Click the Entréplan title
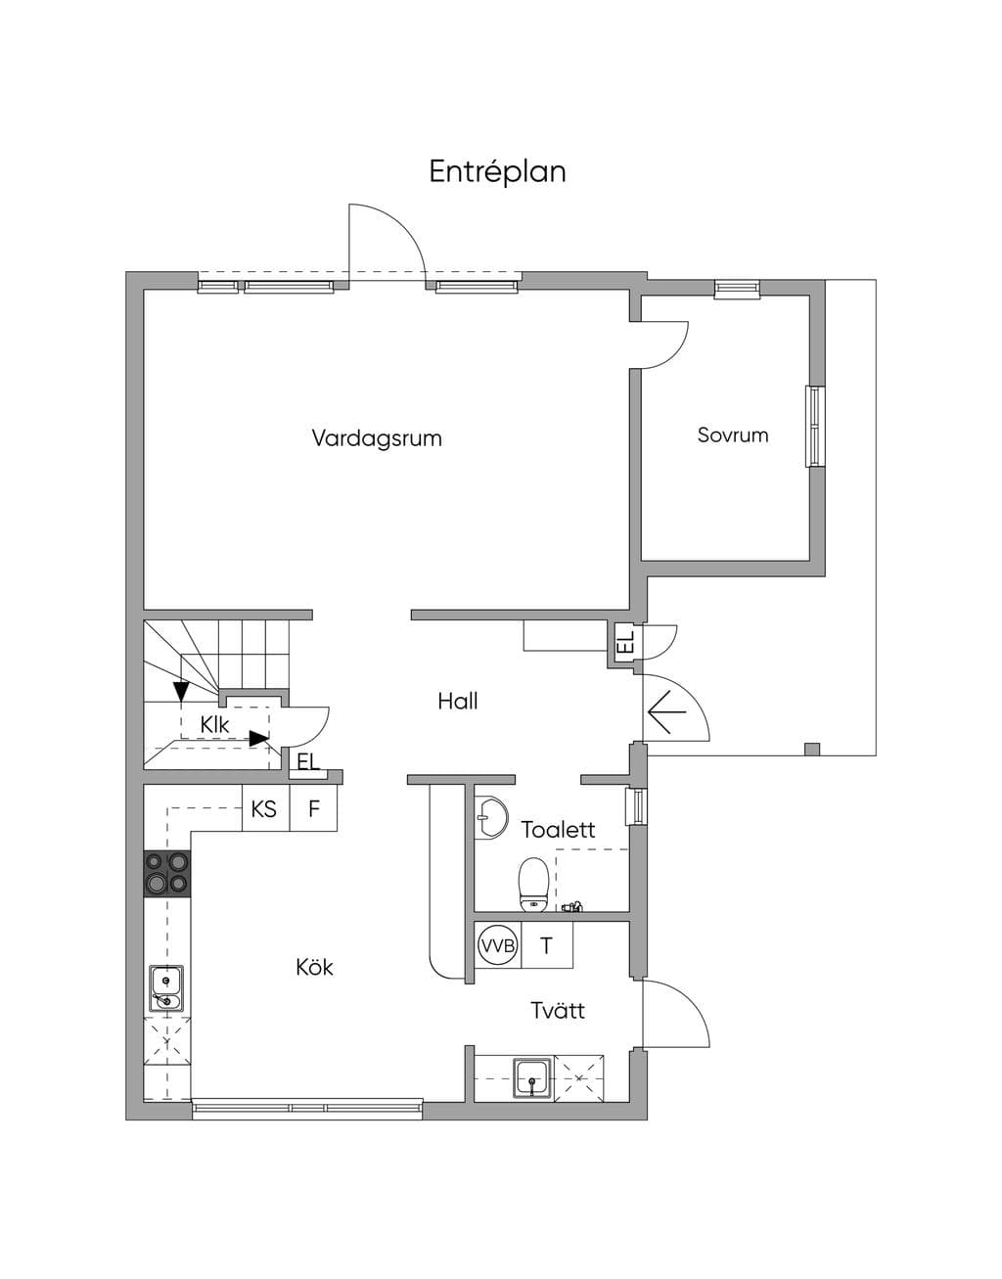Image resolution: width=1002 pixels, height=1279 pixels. coord(497,172)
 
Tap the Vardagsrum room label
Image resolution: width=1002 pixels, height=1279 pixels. coord(377,438)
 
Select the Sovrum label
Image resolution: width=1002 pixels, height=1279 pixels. coord(733,434)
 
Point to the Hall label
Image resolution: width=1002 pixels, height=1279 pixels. coord(458,701)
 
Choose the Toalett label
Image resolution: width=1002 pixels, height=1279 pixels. coord(558,830)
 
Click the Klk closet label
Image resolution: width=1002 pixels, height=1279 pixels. coord(214,725)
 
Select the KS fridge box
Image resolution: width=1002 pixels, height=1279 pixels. coord(265,808)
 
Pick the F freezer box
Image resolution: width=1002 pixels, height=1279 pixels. coord(313,808)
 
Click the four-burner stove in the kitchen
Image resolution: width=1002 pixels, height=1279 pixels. coord(167,874)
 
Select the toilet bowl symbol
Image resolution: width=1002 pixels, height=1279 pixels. coord(533,884)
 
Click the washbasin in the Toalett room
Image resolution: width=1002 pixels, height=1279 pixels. coord(490,816)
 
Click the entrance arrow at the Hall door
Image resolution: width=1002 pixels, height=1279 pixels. coord(666,712)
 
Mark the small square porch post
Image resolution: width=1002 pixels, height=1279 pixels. coord(812,750)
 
